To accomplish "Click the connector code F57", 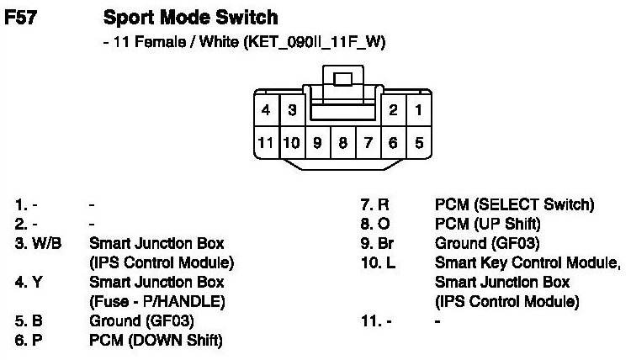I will pos(20,18).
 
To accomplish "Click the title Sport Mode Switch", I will pos(190,18).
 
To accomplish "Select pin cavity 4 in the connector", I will pos(266,110).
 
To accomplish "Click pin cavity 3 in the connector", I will pos(291,110).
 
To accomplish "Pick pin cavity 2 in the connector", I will pos(393,110).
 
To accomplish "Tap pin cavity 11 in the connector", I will pos(266,142).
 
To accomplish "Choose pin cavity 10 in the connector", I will pos(291,142).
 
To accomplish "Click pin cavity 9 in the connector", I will pos(317,142).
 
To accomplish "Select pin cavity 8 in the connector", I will pos(342,142).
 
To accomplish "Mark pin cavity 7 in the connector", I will pos(368,142).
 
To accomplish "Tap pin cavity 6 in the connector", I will pos(393,142).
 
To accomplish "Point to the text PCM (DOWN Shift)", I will pos(155,340).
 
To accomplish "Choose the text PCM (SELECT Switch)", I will pos(514,204).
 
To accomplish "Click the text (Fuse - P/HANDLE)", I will pos(156,301).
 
